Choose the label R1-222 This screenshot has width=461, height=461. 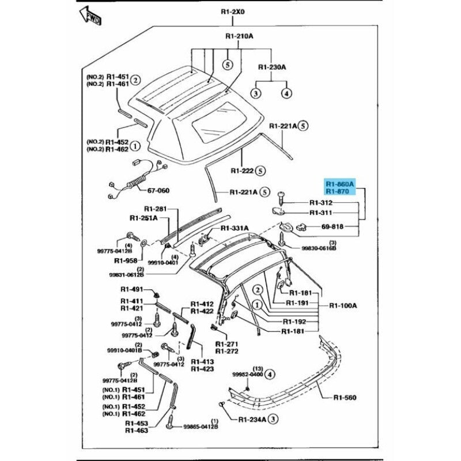click(243, 171)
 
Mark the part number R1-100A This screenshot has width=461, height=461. click(343, 305)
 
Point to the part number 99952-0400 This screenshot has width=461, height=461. click(247, 375)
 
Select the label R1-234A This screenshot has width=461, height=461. click(252, 420)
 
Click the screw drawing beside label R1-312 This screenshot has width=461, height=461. click(282, 199)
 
